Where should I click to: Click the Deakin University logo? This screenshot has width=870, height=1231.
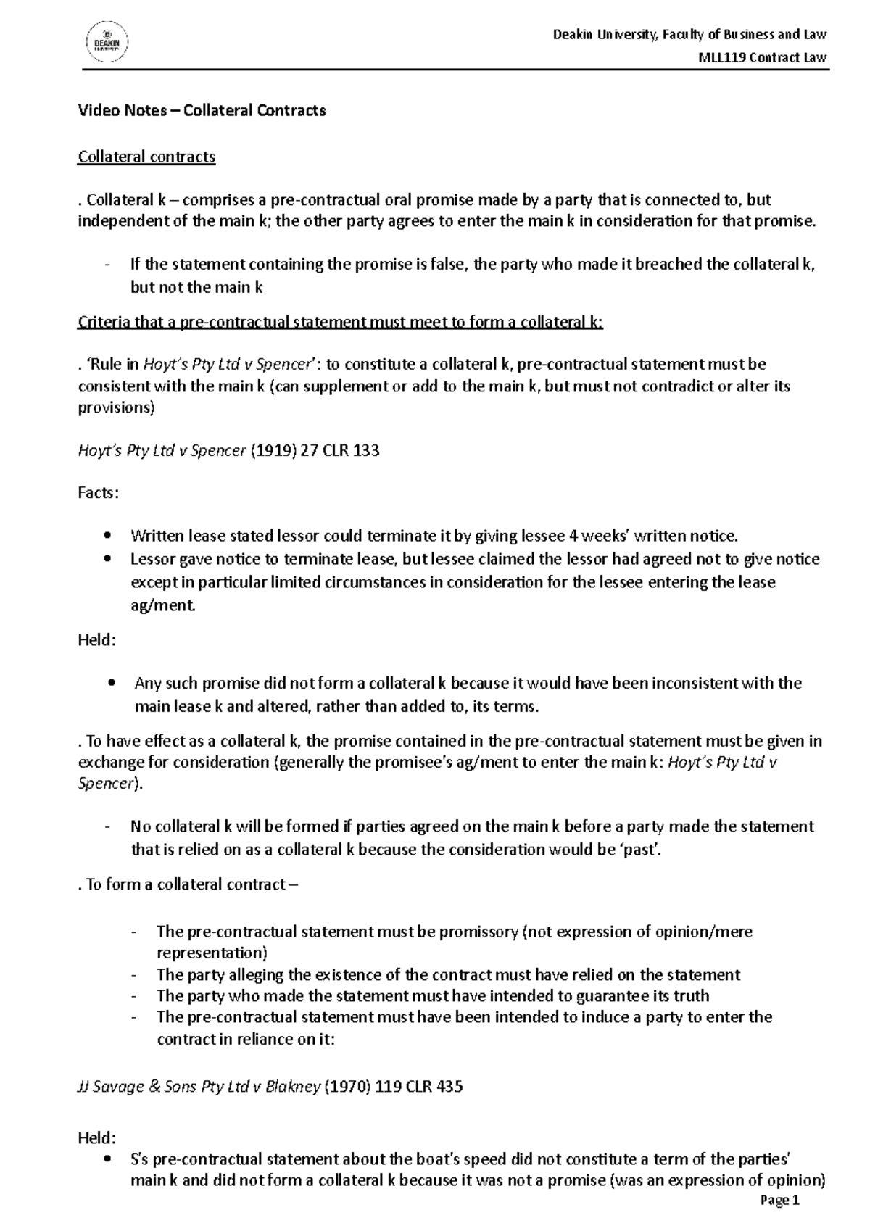(107, 41)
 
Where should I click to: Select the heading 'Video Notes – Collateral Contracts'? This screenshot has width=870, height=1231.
(202, 111)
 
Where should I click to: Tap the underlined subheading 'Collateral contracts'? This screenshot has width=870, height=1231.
(146, 157)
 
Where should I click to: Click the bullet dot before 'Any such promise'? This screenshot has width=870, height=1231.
(110, 684)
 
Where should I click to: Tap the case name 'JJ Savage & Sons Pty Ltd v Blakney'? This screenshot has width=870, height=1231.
(199, 1087)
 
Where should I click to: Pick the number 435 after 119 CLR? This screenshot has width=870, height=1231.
(447, 1087)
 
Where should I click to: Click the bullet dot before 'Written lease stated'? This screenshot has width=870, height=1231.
(108, 536)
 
